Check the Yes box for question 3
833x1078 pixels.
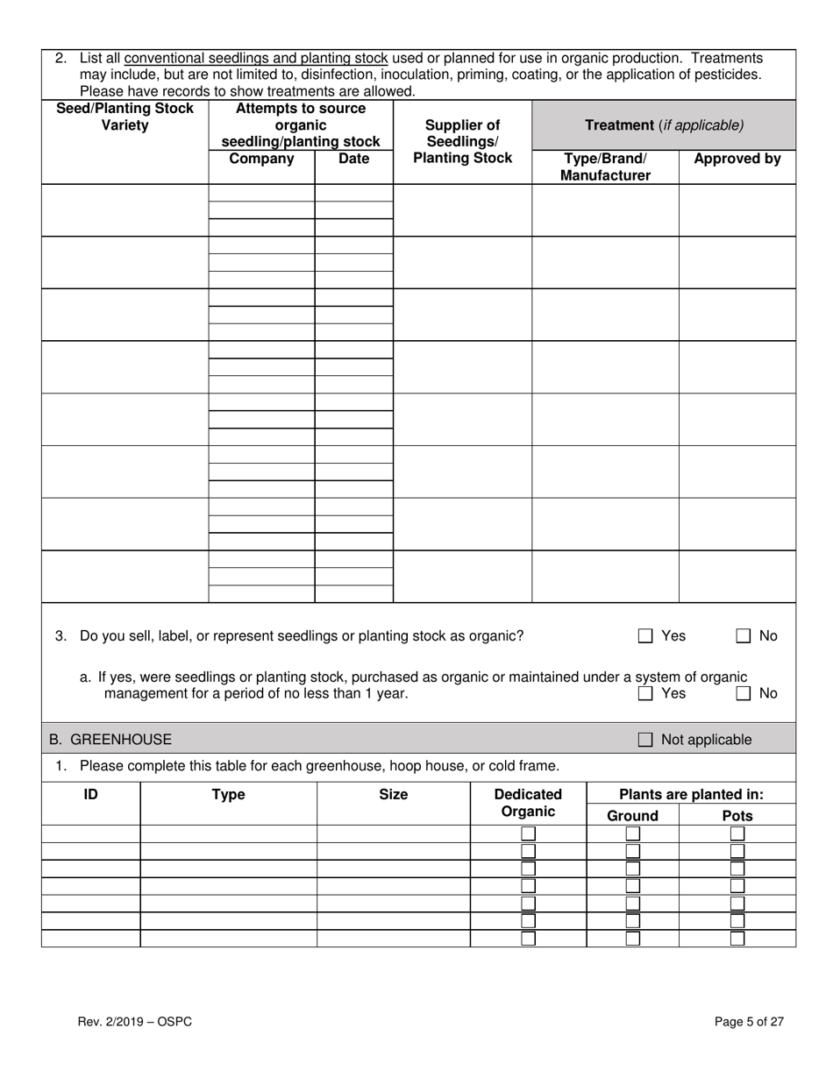coord(645,636)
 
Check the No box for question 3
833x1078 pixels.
coord(743,636)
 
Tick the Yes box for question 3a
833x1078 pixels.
coord(645,694)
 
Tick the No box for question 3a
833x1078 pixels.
coord(743,694)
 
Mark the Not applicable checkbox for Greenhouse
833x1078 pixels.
coord(645,740)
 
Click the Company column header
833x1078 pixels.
coord(261,160)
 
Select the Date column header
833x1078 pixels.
coord(353,160)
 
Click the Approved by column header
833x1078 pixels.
coord(737,160)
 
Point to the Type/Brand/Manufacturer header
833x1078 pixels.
coord(605,167)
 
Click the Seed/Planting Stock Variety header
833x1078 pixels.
coord(125,117)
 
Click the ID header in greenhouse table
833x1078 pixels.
coord(90,795)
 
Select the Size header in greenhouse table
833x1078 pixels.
coord(393,795)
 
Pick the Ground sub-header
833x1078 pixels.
coord(632,816)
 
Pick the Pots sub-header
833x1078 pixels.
coord(737,816)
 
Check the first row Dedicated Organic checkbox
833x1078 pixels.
coord(529,833)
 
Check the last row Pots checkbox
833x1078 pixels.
coord(737,939)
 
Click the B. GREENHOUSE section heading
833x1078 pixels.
coord(110,740)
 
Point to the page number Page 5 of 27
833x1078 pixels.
coord(749,1022)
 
